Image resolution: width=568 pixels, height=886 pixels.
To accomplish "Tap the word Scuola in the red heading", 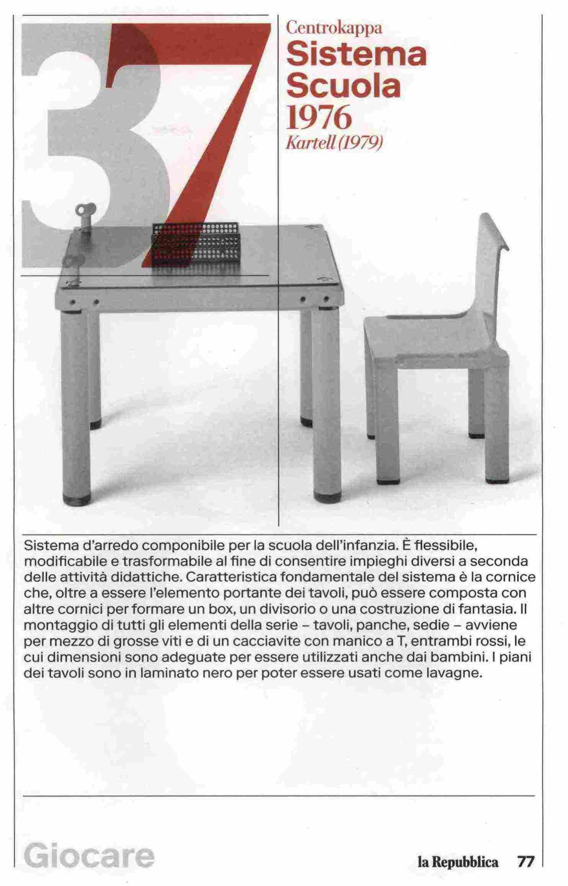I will (x=343, y=86).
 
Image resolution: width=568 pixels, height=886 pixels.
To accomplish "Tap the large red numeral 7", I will (x=207, y=115).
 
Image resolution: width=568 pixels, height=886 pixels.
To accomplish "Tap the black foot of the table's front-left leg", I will (x=77, y=499).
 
